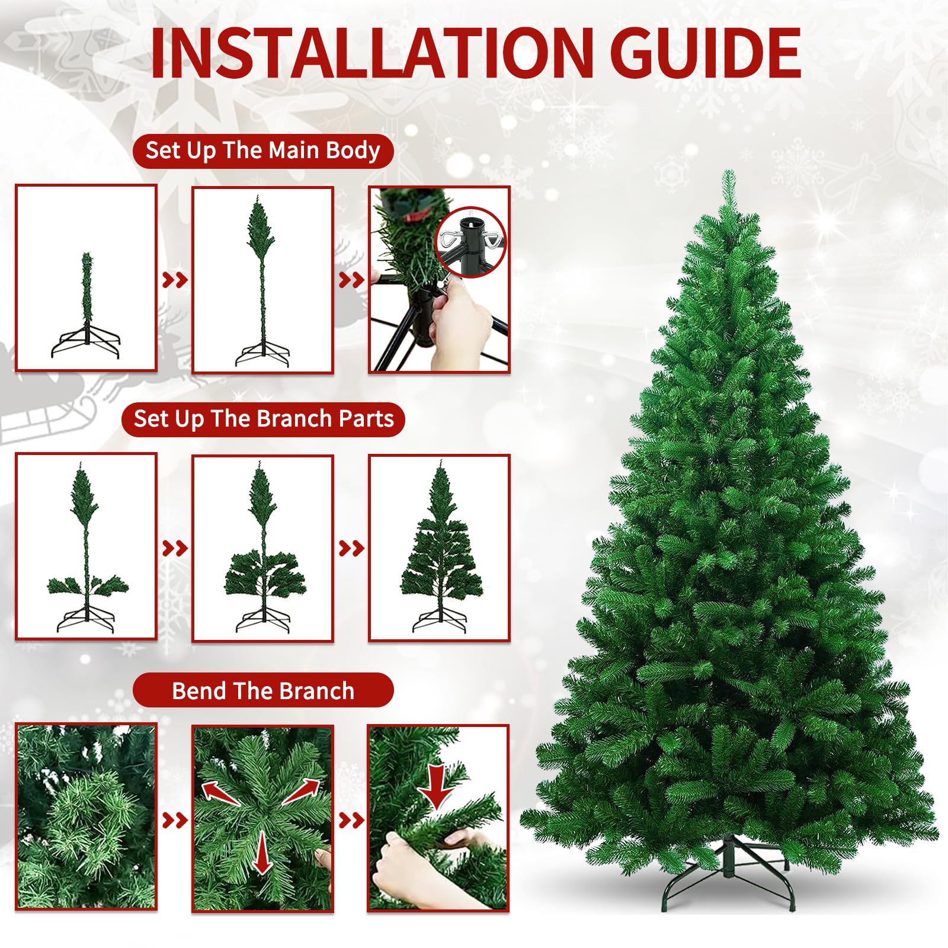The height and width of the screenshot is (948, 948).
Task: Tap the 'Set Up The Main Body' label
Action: point(263,150)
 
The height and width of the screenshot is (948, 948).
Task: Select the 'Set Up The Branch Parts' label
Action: point(263,419)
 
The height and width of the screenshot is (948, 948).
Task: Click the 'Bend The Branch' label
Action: point(263,690)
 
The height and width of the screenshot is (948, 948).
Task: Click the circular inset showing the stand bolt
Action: point(470,242)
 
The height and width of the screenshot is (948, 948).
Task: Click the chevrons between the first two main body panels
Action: point(175,280)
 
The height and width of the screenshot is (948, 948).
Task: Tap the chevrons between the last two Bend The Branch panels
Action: point(351,821)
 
